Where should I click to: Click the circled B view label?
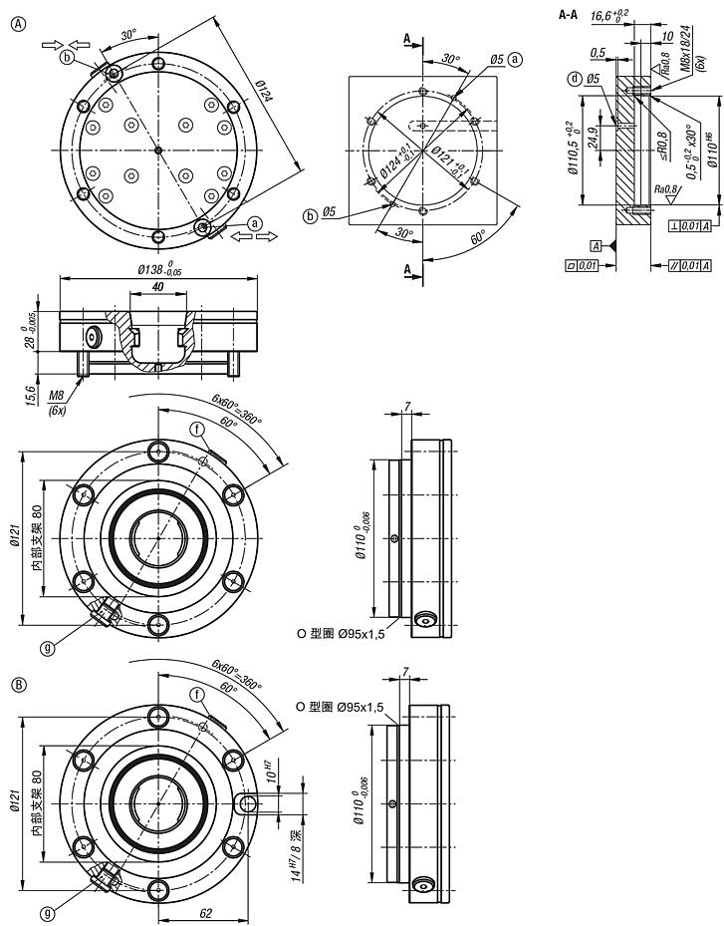click(x=17, y=684)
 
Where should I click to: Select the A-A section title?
click(x=570, y=15)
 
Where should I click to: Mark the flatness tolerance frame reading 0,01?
click(x=580, y=264)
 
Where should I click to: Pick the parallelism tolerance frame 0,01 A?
click(x=690, y=264)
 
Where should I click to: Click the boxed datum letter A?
click(x=595, y=244)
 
